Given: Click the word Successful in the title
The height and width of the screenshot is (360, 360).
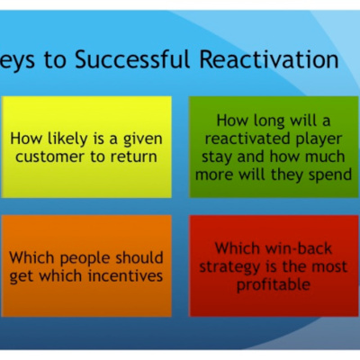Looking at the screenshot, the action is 132,58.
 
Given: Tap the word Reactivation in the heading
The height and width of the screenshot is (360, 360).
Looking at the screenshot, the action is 269,58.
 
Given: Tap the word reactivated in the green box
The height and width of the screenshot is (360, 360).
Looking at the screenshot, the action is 247,139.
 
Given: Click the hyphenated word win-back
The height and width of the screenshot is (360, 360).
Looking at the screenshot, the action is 290,248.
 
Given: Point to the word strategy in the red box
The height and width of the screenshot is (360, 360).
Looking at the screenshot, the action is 229,267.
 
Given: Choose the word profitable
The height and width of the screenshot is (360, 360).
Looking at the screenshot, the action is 274,285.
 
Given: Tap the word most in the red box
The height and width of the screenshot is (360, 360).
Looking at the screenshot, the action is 330,266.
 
